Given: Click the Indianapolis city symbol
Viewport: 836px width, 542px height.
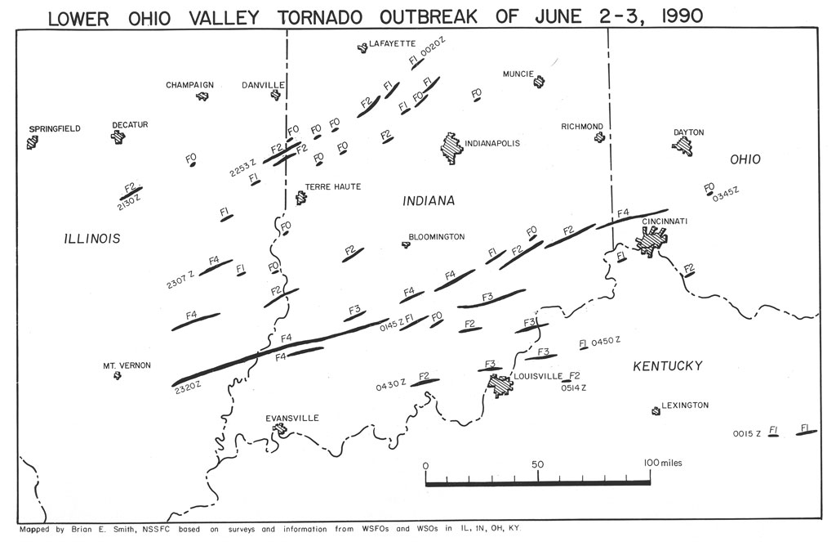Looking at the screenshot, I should (450, 149).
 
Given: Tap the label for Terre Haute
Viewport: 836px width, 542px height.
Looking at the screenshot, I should (333, 187).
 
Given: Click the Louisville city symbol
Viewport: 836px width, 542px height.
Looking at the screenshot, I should (498, 385).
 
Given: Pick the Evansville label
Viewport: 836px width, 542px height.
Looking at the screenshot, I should (292, 418).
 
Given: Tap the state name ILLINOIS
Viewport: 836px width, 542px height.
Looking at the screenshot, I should (92, 239).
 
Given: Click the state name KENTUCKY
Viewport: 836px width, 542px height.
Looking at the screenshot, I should (668, 365).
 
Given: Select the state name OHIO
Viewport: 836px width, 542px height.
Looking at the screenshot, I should (743, 159).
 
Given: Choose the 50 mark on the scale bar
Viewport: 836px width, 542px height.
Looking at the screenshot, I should (538, 464).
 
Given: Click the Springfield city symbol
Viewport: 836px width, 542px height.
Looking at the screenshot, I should (33, 143).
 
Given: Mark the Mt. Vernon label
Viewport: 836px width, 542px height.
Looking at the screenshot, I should (127, 365).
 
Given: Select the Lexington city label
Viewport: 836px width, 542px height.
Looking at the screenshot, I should (685, 405).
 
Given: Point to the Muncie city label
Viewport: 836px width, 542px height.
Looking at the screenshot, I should (518, 74).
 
